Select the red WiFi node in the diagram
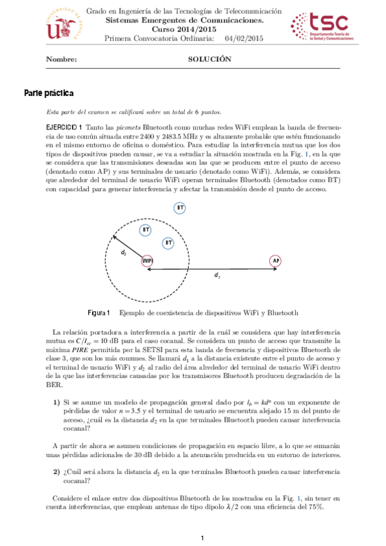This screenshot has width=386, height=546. (x=147, y=261)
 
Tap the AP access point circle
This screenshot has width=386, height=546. (x=276, y=261)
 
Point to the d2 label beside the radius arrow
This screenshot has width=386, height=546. (x=124, y=252)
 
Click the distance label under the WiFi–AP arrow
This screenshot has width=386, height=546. (x=217, y=275)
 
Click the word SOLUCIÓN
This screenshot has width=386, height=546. (x=209, y=59)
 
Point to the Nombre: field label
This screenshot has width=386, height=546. (x=61, y=59)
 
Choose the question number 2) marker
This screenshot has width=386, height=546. (x=57, y=473)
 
